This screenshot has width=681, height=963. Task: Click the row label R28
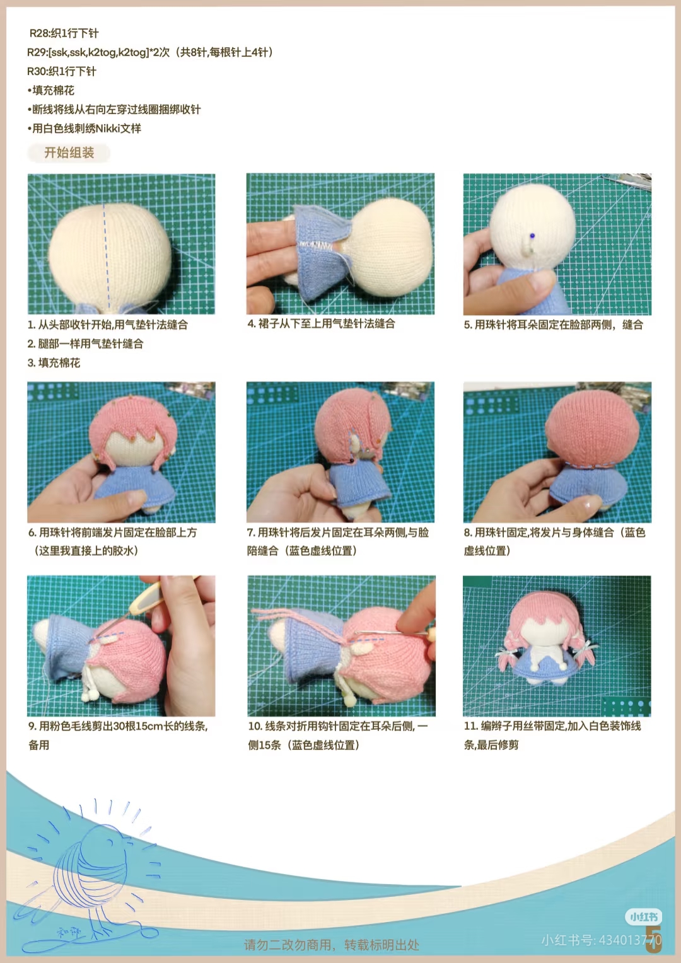point(39,33)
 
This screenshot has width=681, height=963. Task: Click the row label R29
point(37,52)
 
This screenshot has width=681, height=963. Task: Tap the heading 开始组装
point(69,153)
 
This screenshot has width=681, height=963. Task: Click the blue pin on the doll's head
point(533,236)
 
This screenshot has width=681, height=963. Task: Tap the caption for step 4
point(321,324)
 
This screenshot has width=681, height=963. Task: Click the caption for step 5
point(553,325)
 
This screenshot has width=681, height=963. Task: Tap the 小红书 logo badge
point(643,917)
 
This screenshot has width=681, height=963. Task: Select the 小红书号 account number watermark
point(602,940)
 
